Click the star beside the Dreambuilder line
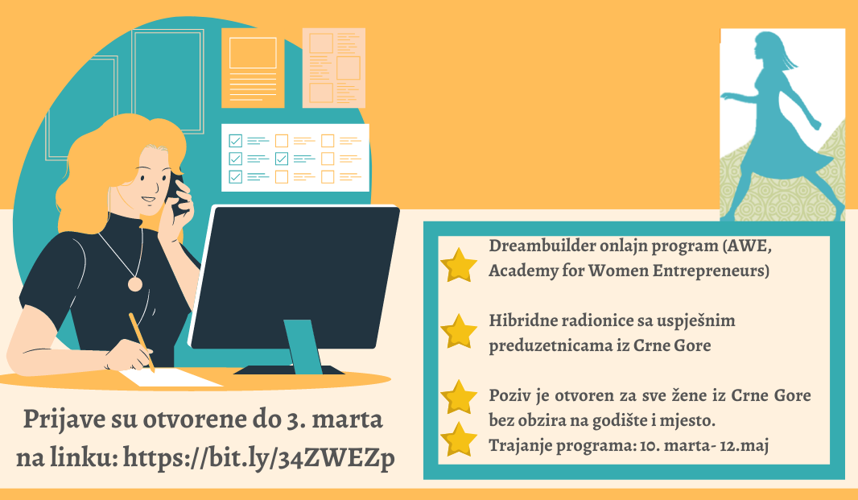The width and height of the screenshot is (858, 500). pos(459,265)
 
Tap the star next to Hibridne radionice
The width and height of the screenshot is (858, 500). pos(459,331)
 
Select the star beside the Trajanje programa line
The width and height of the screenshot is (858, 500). pos(459,440)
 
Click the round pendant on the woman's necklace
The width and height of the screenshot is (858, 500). pos(134,284)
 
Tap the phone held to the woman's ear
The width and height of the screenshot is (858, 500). pos(174,192)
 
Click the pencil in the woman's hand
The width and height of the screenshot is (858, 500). pos(142,341)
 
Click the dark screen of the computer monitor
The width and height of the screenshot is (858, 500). pos(295,276)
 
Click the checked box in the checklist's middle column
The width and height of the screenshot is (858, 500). pos(281,159)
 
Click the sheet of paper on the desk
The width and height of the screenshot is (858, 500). pos(171,378)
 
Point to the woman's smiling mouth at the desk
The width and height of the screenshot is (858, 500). pos(148,200)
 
